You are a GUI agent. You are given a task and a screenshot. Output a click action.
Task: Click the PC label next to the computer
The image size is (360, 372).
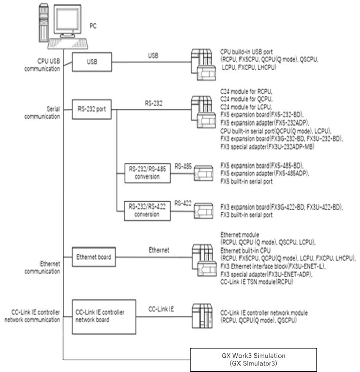click(x=94, y=25)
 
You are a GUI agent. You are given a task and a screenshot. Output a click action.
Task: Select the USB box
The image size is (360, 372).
click(x=92, y=62)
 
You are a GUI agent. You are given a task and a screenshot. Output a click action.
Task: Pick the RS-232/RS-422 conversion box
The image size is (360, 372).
click(x=147, y=210)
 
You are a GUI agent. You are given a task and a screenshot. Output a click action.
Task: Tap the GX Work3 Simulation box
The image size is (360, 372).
click(x=253, y=359)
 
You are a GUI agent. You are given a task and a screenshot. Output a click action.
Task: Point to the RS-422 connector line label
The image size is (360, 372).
click(x=183, y=202)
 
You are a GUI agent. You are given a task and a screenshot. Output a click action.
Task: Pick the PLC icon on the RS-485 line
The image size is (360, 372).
click(x=206, y=173)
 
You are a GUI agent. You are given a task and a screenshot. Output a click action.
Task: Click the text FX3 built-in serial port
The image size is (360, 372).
click(x=247, y=215)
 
